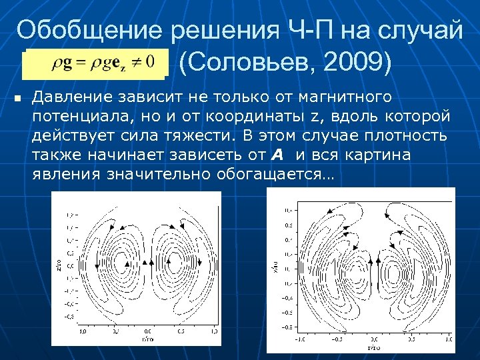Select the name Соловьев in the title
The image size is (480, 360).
point(251,63)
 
